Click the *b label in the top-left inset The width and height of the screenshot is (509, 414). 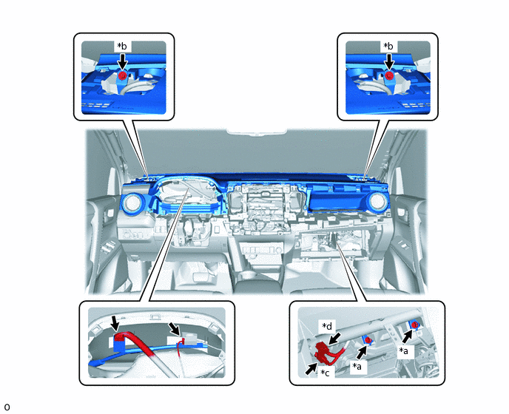122,47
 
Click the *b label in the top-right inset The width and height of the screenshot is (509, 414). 388,47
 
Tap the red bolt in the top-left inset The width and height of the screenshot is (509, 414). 122,76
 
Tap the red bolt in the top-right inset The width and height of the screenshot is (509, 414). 389,76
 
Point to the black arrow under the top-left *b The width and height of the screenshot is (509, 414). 122,61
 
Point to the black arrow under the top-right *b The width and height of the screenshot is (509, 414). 389,61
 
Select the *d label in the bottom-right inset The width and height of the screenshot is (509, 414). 327,326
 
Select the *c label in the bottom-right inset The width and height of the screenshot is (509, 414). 325,373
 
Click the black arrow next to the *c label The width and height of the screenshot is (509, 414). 311,369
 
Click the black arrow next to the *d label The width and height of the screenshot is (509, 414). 334,338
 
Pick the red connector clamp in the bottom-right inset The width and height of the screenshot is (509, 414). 325,353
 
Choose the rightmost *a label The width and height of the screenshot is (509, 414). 404,350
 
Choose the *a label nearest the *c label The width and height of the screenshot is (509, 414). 357,366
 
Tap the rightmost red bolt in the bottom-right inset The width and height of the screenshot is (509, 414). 414,324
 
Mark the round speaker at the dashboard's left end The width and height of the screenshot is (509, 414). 132,203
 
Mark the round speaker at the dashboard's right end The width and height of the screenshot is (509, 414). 377,201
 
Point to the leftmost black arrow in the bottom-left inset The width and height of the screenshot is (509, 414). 115,323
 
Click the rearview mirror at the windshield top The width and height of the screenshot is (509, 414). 257,132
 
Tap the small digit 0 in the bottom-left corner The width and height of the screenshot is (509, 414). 7,407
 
